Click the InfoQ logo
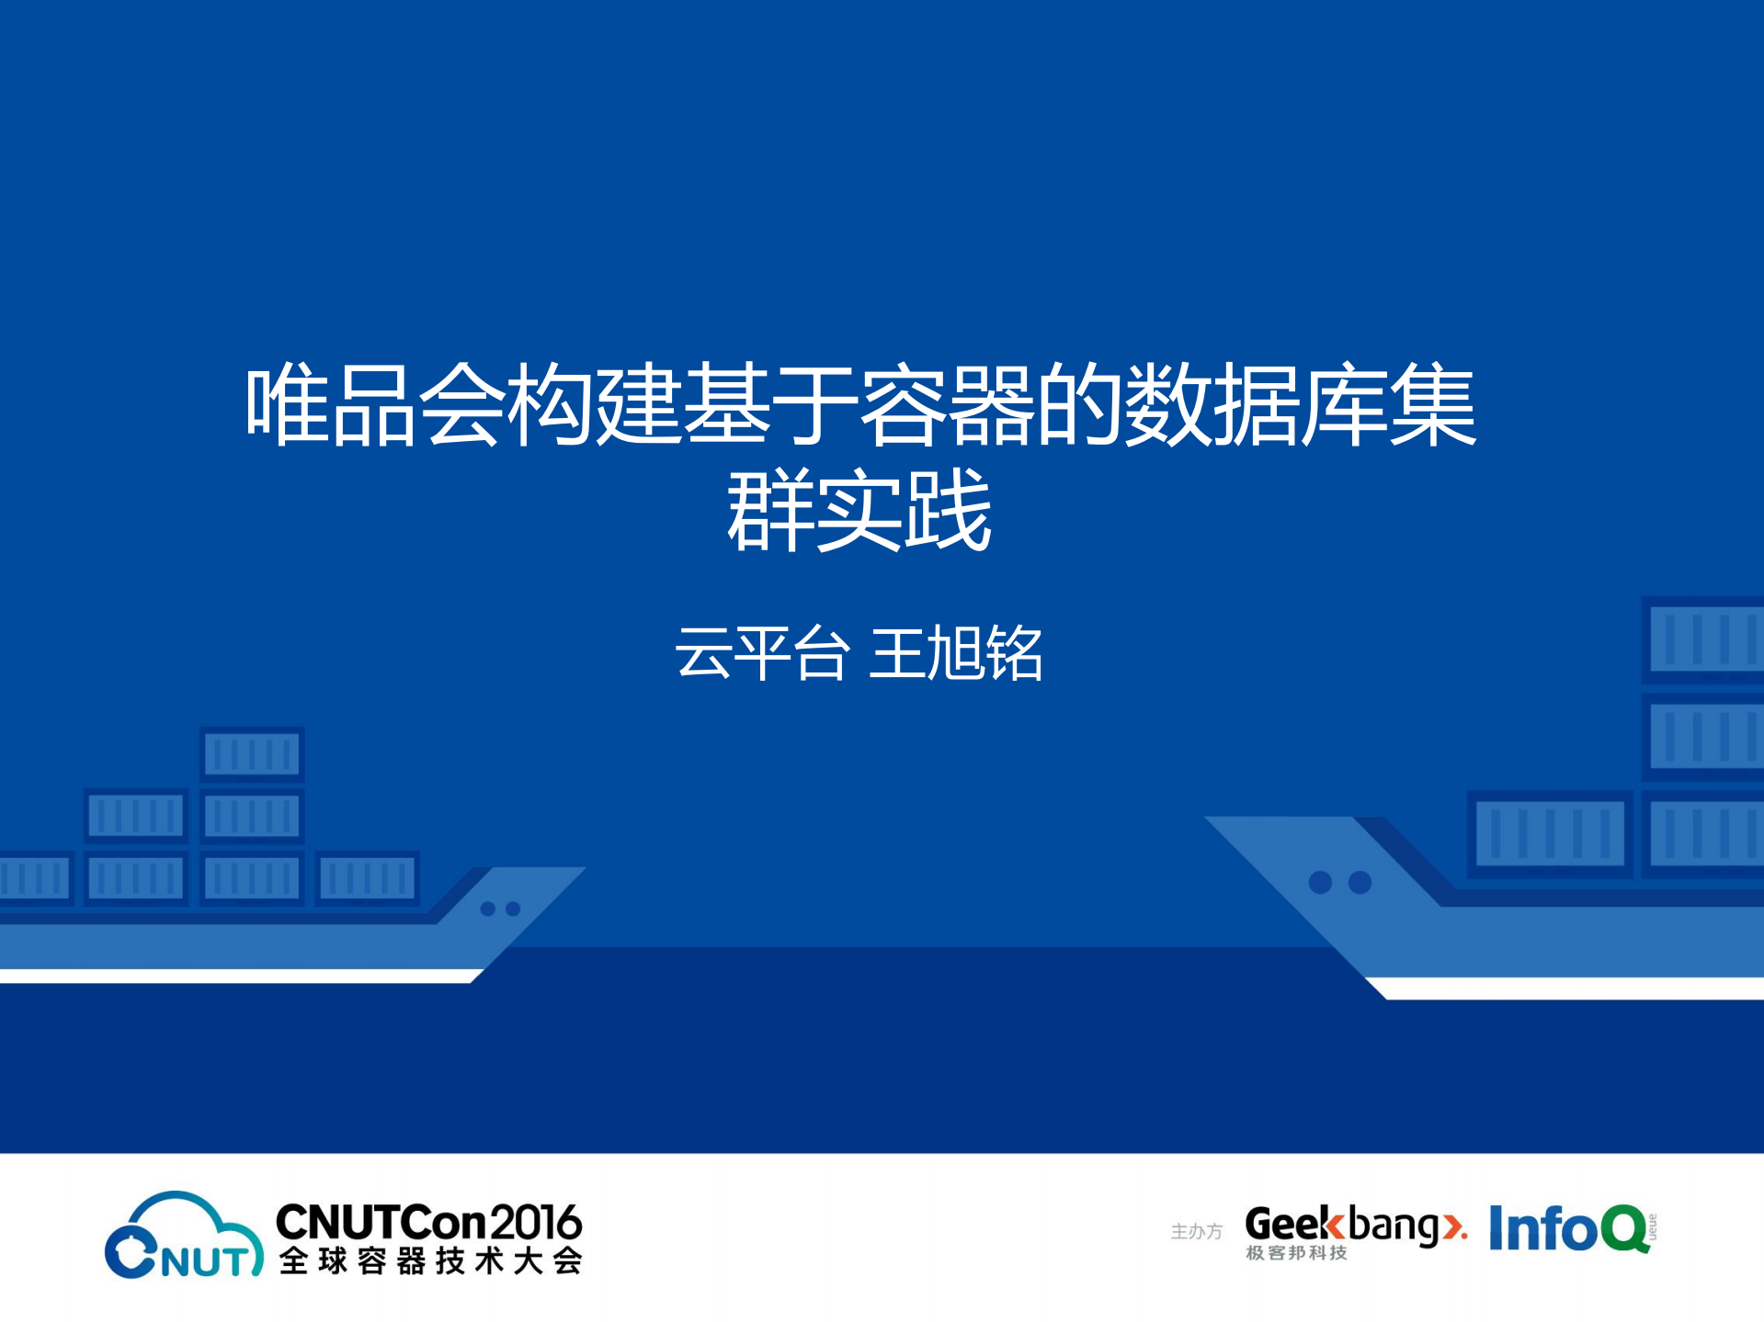pos(1568,1228)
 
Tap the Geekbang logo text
pos(1342,1225)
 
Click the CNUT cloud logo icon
pos(183,1236)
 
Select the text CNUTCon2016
pos(428,1222)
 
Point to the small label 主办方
pos(1196,1231)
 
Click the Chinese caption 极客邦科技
pos(1296,1253)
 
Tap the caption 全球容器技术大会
pos(430,1260)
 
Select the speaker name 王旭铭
pos(955,653)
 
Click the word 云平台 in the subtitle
pos(761,653)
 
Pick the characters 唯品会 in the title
pos(375,405)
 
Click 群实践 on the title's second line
pos(859,510)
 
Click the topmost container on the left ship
pos(251,754)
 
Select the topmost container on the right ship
pos(1703,638)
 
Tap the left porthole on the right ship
pos(1320,883)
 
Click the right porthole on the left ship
pos(513,909)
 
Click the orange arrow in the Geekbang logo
pos(1452,1226)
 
